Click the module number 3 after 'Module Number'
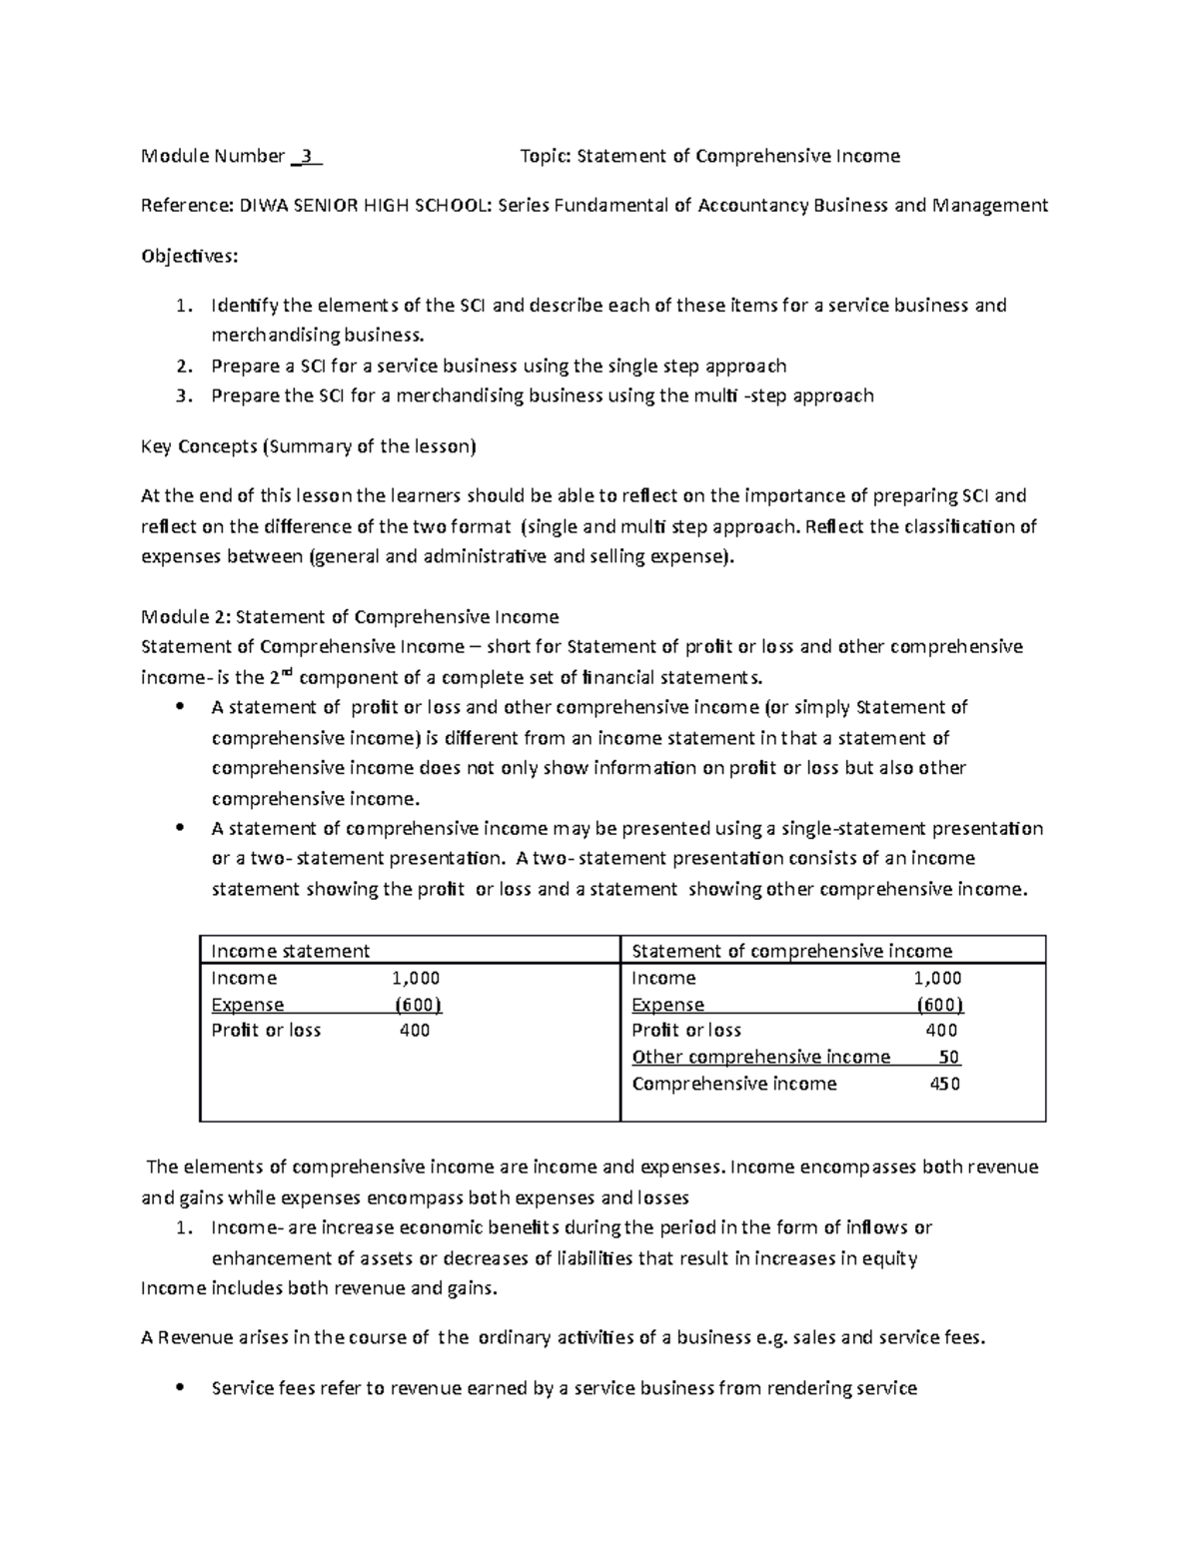coord(308,156)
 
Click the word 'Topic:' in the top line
coord(547,156)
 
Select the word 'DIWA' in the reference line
coord(257,206)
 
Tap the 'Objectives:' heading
coord(190,256)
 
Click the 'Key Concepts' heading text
coord(199,446)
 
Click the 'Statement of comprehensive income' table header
coord(791,951)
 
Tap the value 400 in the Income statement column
coord(415,1031)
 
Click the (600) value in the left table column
coord(418,1005)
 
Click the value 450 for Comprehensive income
coord(945,1084)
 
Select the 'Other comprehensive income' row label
coord(760,1057)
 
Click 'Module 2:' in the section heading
coord(185,616)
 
